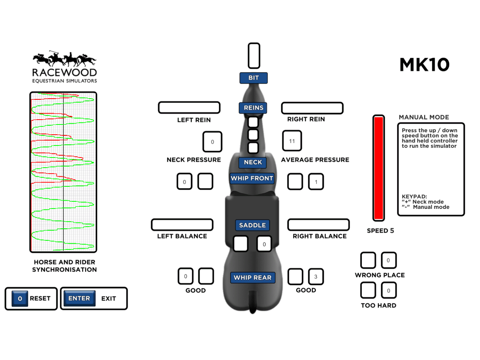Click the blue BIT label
[x=253, y=78]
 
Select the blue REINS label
[x=253, y=108]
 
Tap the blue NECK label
[x=253, y=162]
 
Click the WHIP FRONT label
[x=252, y=178]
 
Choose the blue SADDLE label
[x=252, y=225]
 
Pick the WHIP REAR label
[x=252, y=278]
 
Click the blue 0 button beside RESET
[x=20, y=299]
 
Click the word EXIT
[x=108, y=299]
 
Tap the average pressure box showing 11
[x=292, y=141]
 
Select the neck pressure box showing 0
[x=212, y=142]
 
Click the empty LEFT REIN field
[x=189, y=108]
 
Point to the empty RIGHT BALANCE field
[x=318, y=225]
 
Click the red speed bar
[x=379, y=168]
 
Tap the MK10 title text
[x=424, y=65]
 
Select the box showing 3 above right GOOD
[x=316, y=277]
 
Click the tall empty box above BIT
[x=254, y=56]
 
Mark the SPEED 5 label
[x=380, y=231]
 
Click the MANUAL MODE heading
[x=424, y=117]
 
